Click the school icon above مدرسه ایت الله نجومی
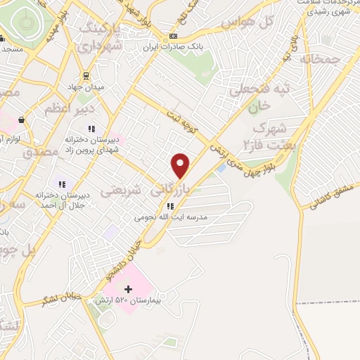[170, 206]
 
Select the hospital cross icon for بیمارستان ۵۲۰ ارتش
[128, 289]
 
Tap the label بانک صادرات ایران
[173, 49]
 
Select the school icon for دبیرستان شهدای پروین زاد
[91, 129]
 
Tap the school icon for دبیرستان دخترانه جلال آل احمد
[62, 184]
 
